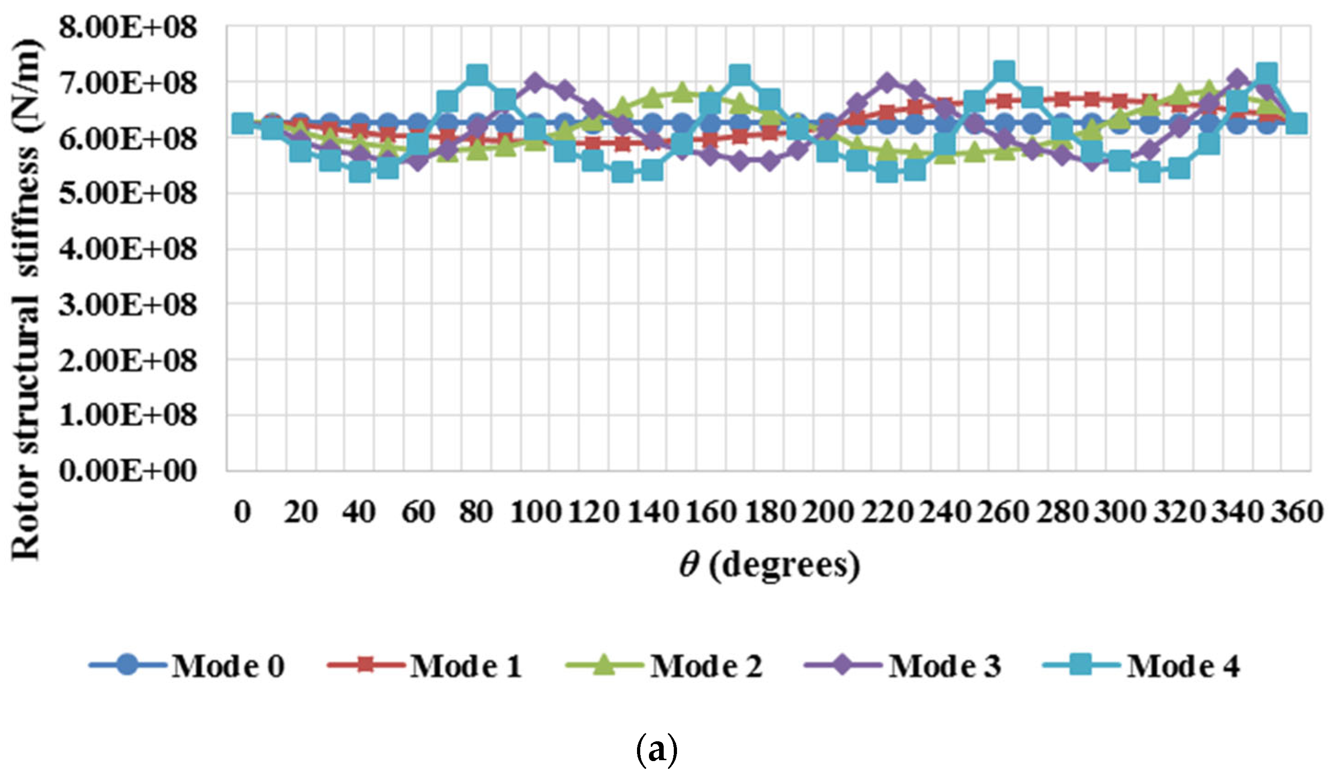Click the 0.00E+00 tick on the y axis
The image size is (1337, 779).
128,471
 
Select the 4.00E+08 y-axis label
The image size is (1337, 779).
128,249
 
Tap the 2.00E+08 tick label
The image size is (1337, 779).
128,360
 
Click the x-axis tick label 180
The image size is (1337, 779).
769,512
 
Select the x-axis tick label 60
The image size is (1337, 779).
418,512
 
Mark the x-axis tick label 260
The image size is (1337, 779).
1004,512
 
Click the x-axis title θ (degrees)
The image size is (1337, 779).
769,566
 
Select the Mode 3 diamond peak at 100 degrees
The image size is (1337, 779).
535,83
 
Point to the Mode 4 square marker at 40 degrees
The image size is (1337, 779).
360,171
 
